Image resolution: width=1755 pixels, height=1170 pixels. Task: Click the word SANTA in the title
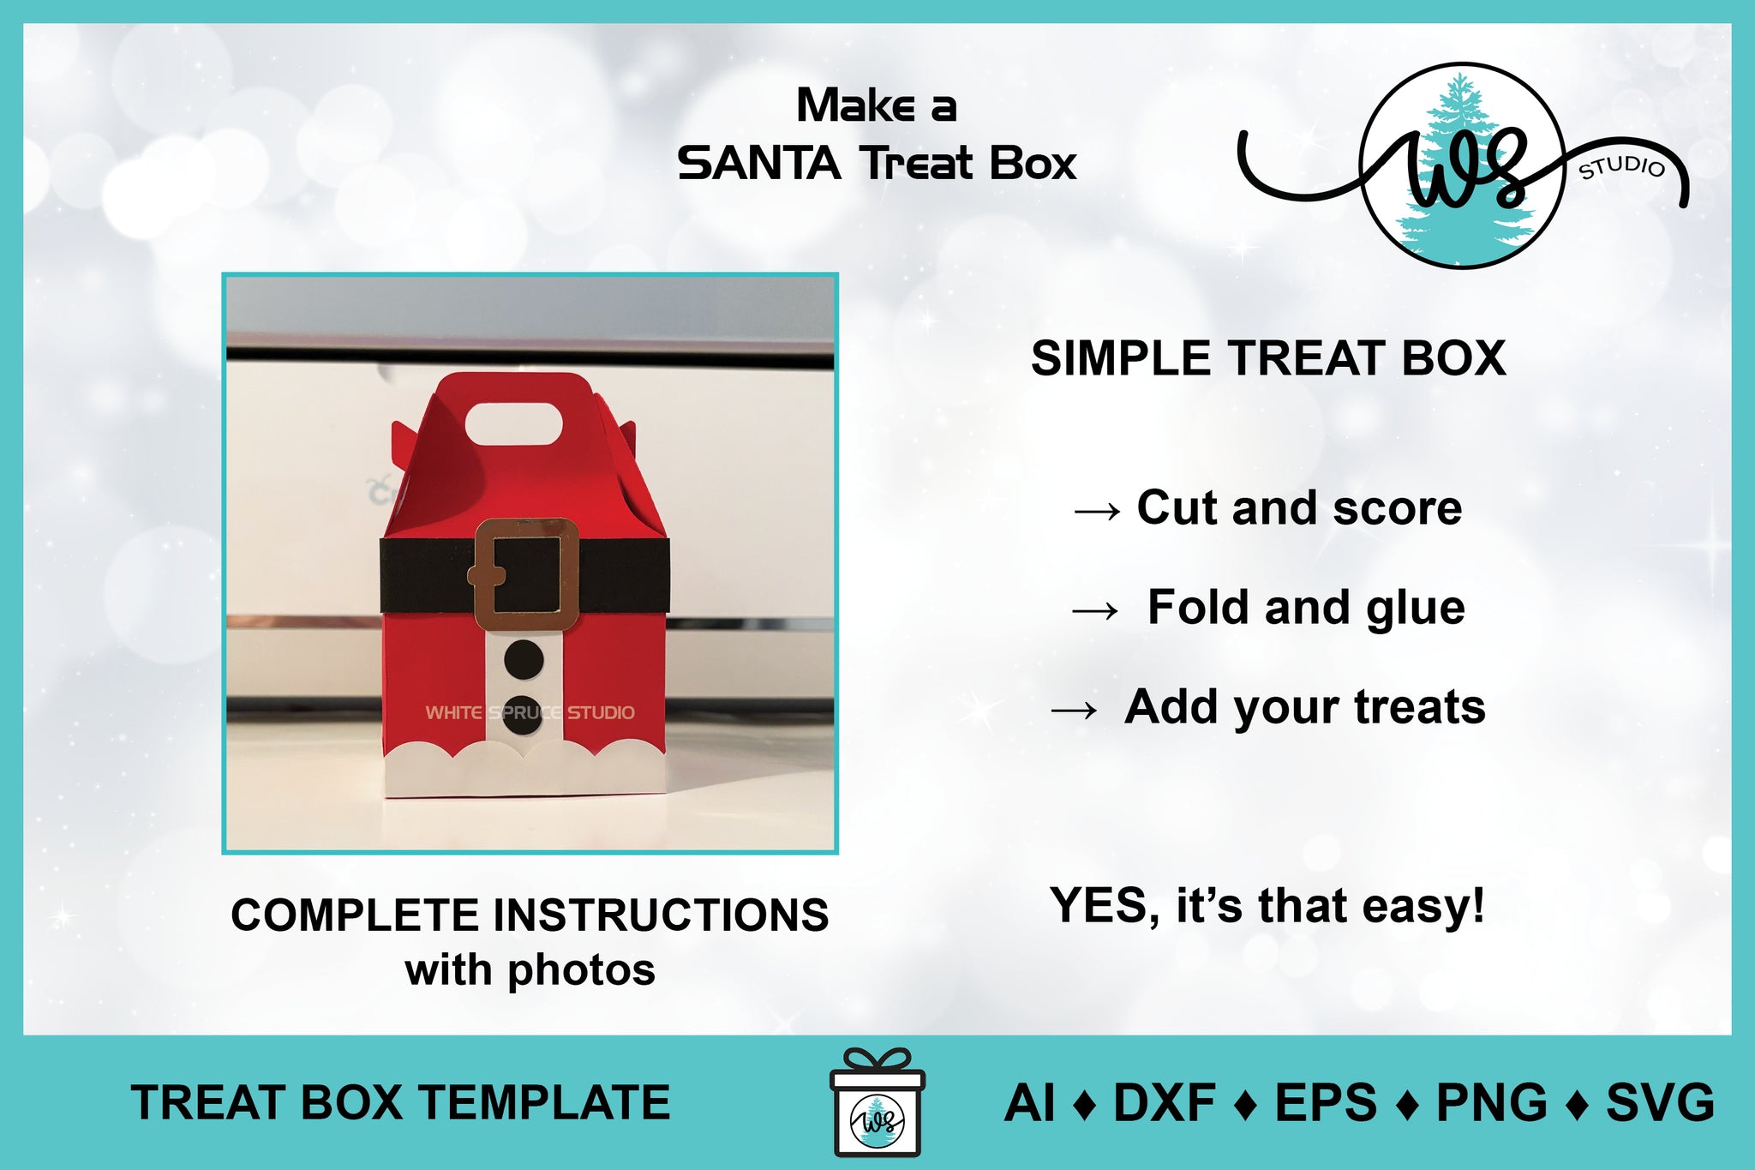point(759,163)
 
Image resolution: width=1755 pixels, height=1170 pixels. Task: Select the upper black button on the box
point(524,659)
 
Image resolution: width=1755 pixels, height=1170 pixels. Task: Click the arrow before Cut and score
point(1097,512)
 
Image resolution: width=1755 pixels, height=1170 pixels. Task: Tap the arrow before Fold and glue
point(1095,611)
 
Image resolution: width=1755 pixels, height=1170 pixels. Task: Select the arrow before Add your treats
point(1075,710)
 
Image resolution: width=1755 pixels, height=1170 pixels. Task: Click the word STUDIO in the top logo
point(1622,167)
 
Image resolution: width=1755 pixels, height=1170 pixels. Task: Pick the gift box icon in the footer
point(877,1102)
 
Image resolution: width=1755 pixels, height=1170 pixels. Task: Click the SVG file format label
point(1660,1102)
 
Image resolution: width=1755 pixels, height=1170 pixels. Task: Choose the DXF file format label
point(1164,1102)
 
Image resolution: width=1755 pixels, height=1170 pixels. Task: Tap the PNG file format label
point(1491,1102)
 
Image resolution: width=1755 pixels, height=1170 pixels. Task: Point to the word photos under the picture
point(581,971)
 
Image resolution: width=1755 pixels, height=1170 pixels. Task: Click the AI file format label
point(1030,1102)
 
